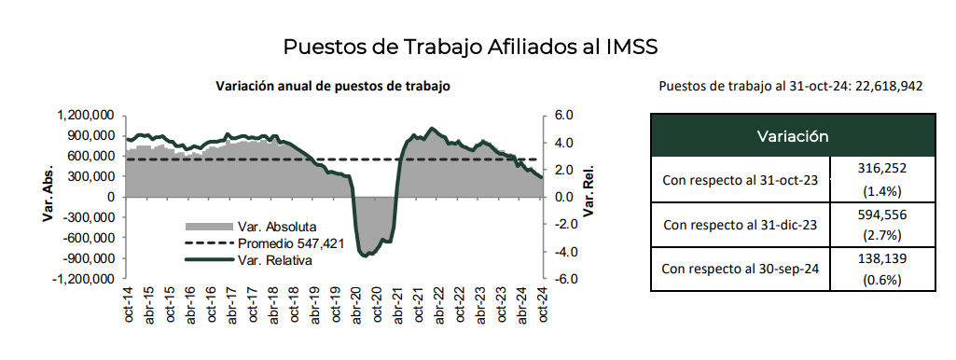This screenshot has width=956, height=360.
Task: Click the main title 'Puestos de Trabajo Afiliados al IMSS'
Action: pyautogui.click(x=478, y=47)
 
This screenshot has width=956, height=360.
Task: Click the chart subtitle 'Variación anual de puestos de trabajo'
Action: pyautogui.click(x=333, y=85)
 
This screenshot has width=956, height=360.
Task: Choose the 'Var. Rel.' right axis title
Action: pyautogui.click(x=589, y=197)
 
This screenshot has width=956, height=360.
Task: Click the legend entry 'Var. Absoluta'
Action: pyautogui.click(x=277, y=227)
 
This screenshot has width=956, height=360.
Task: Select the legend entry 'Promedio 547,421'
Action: pyautogui.click(x=284, y=243)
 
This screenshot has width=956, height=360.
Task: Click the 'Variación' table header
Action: pyautogui.click(x=792, y=135)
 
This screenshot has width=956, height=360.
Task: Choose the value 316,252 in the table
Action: pyautogui.click(x=881, y=168)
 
